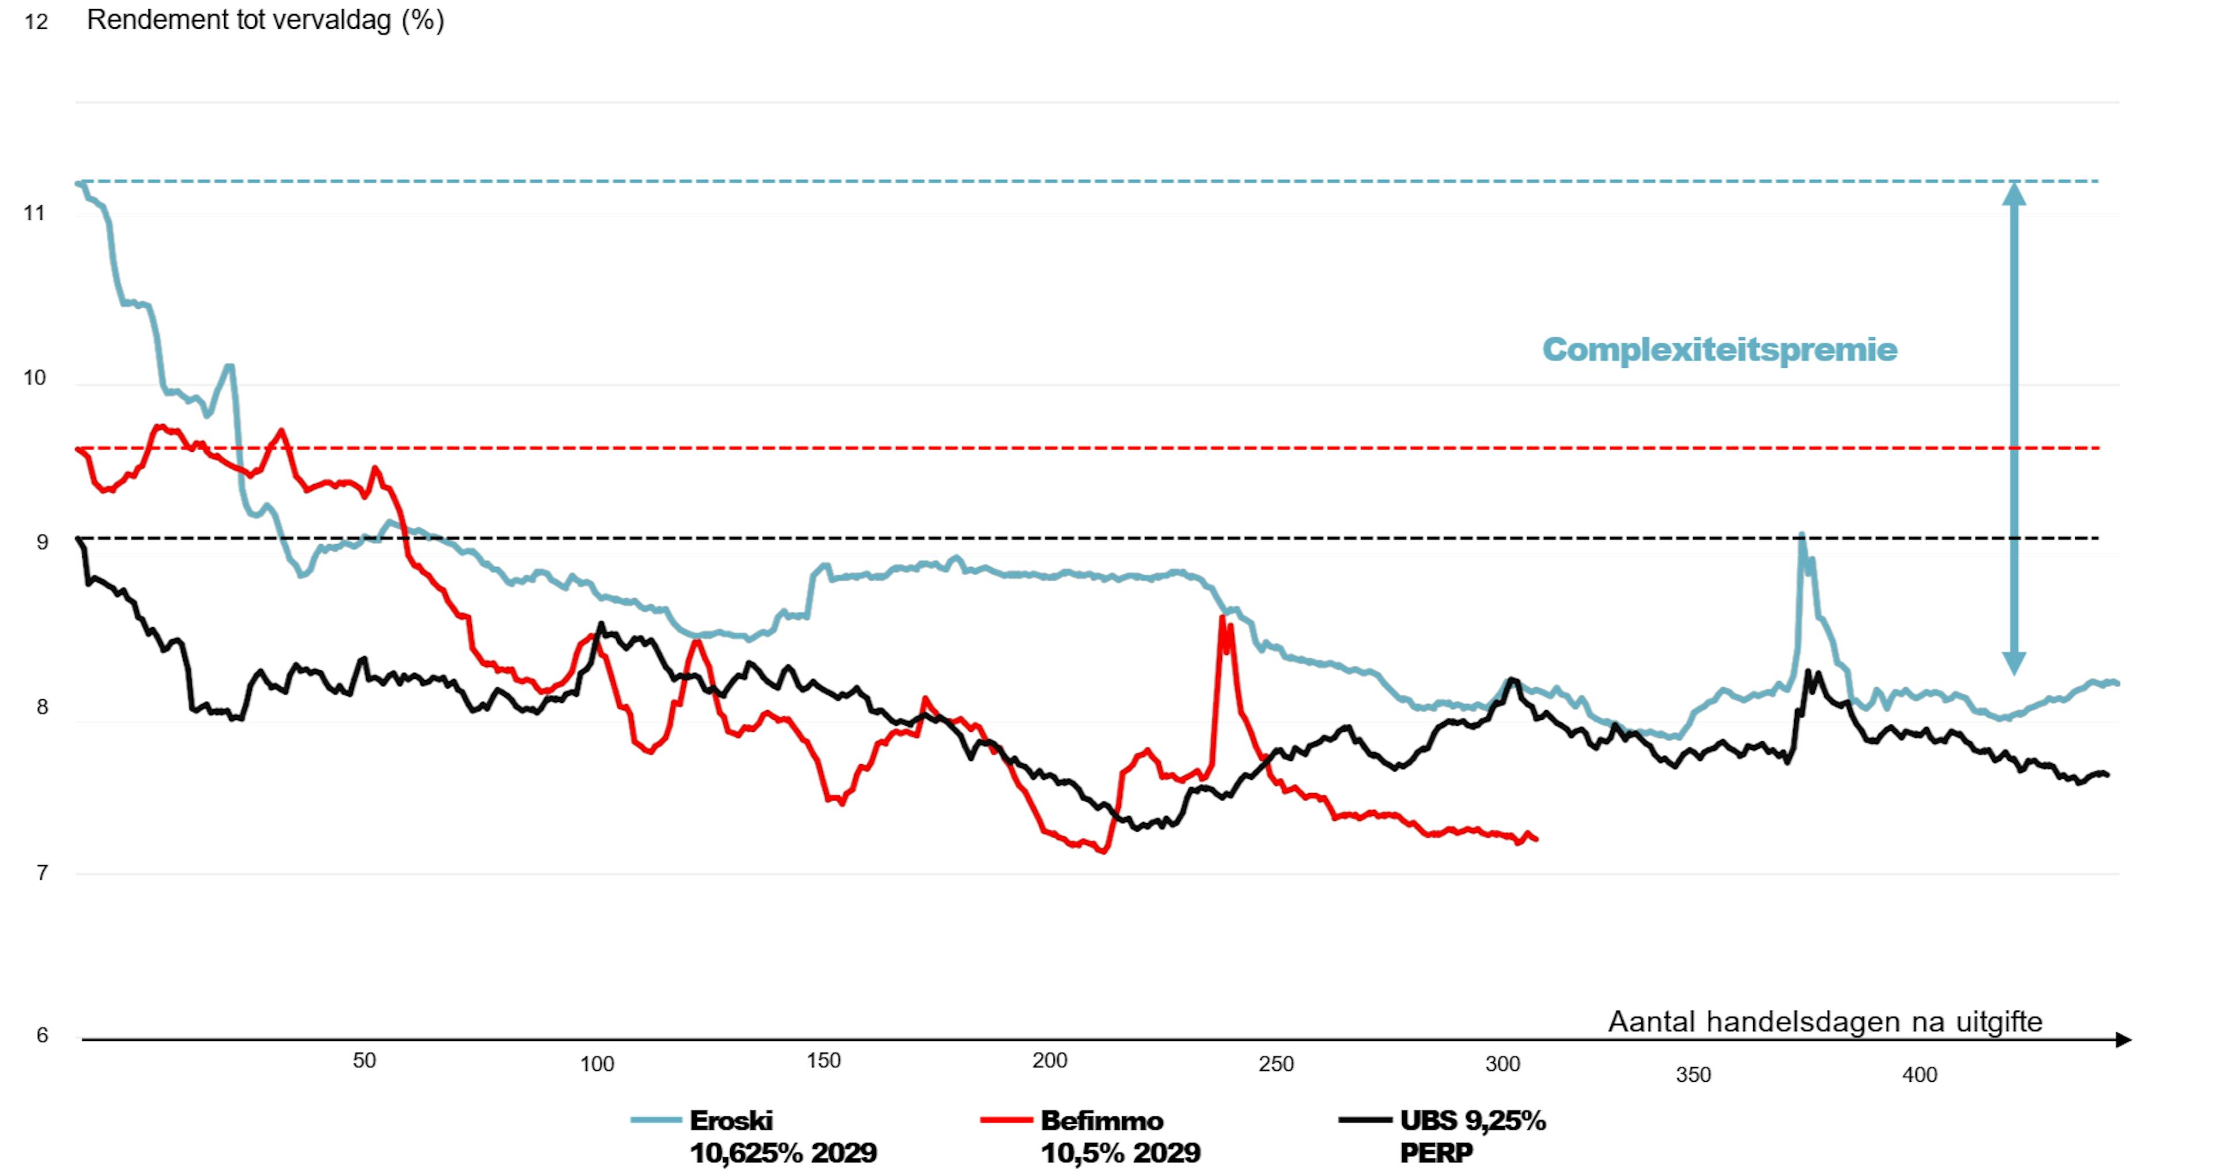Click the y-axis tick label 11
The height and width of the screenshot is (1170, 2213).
pos(35,213)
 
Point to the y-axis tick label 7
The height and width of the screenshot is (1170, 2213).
pos(41,873)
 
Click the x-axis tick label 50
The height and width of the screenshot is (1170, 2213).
pos(364,1061)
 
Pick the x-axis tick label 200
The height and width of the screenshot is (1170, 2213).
pos(1050,1061)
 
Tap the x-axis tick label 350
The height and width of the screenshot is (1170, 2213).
pos(1693,1075)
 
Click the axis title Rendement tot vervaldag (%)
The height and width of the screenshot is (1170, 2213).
pos(266,20)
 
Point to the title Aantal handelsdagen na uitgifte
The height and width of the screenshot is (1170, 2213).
pos(1825,1021)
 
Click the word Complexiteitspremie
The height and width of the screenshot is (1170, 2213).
pos(1719,350)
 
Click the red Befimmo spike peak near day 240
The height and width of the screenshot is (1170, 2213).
pos(1222,617)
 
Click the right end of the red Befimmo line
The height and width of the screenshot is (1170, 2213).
pos(1535,839)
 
